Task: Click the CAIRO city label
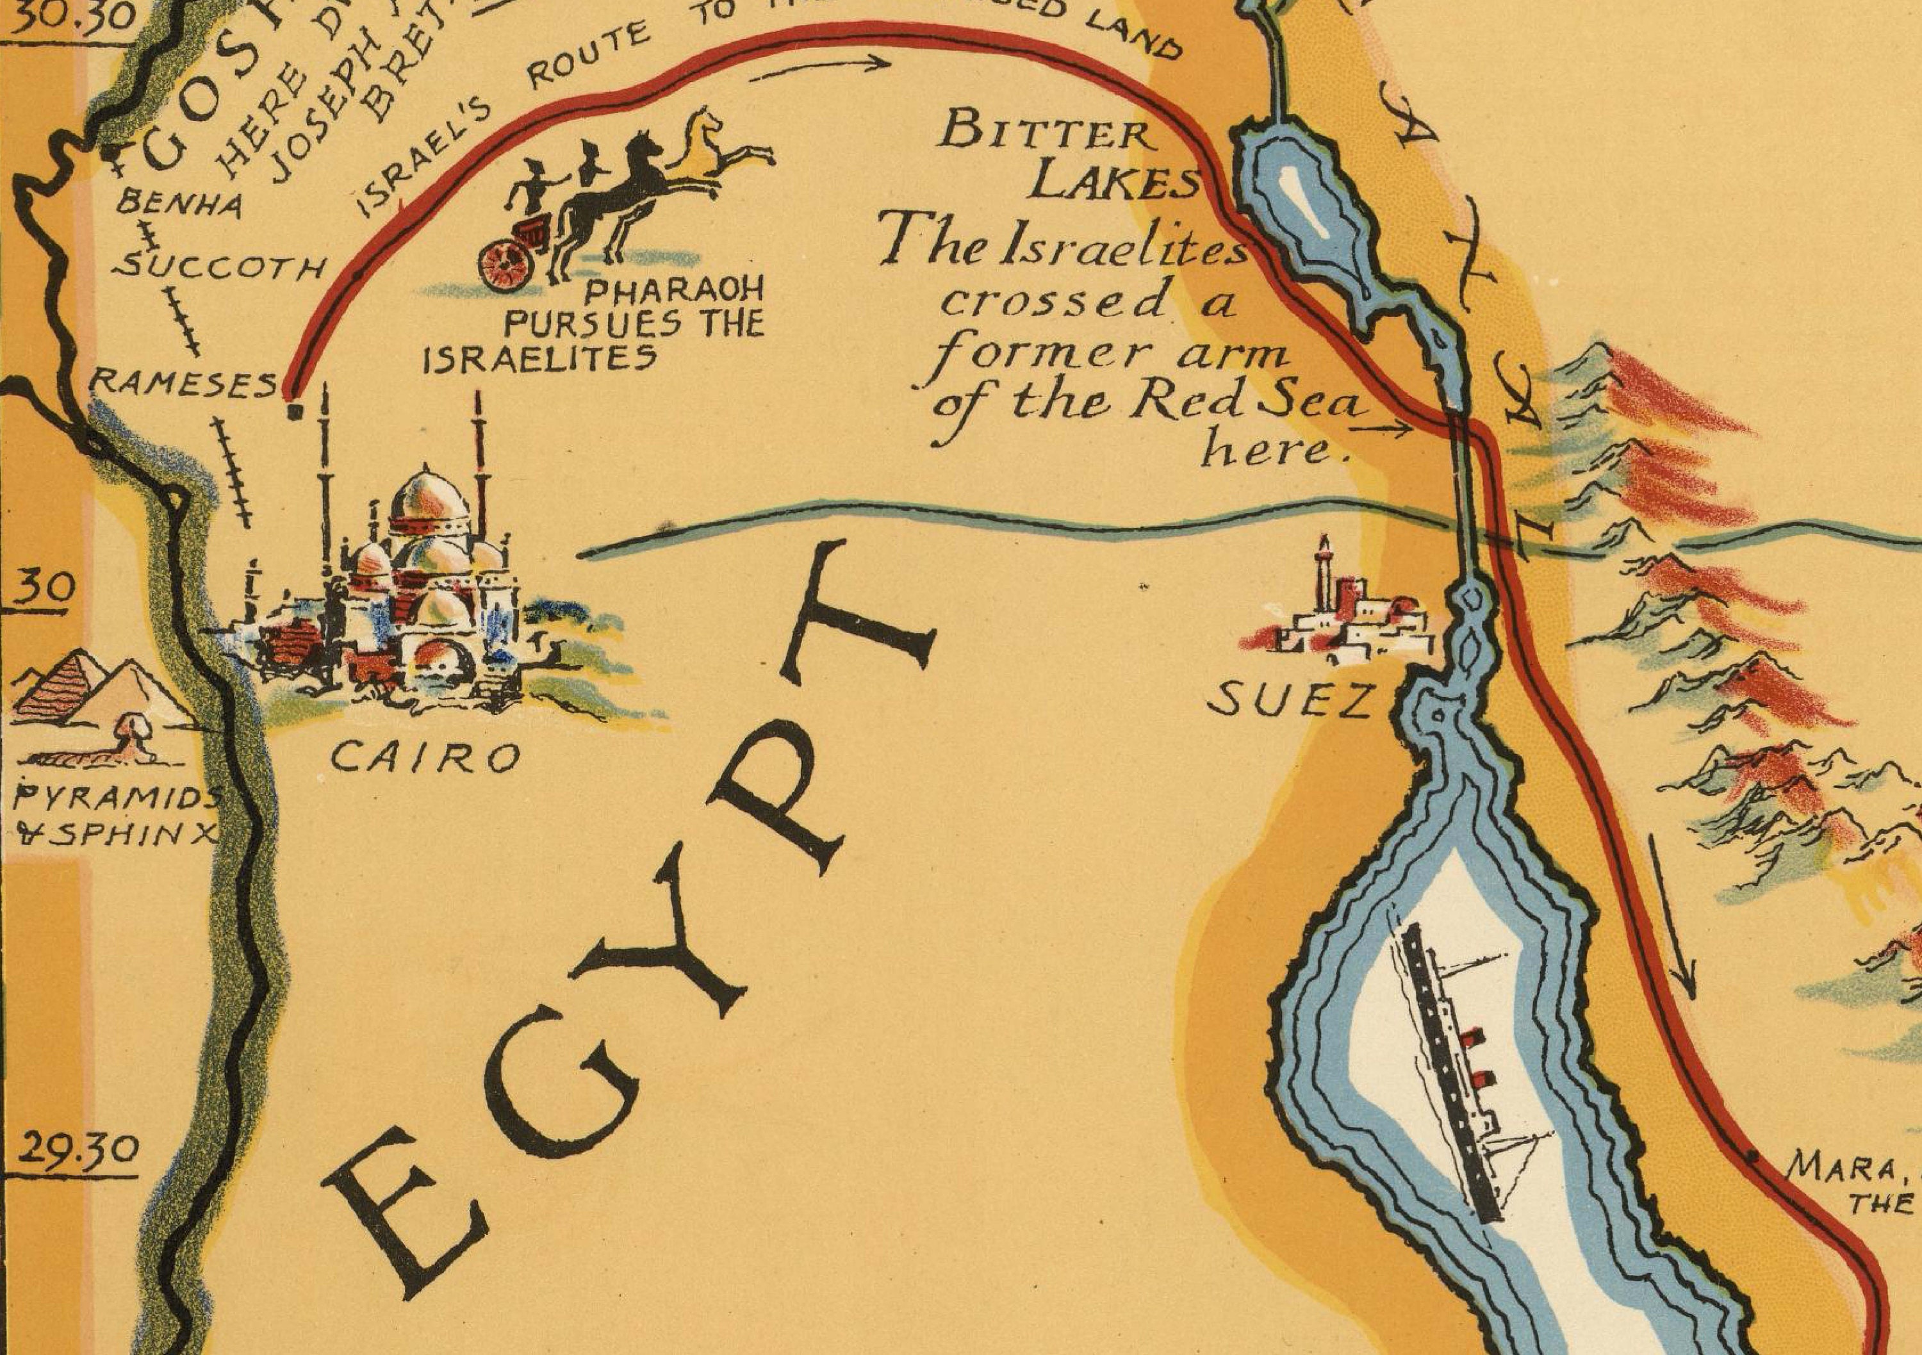tap(425, 759)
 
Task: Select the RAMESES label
tap(182, 384)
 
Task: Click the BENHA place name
tap(179, 203)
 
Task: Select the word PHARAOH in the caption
tap(674, 290)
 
